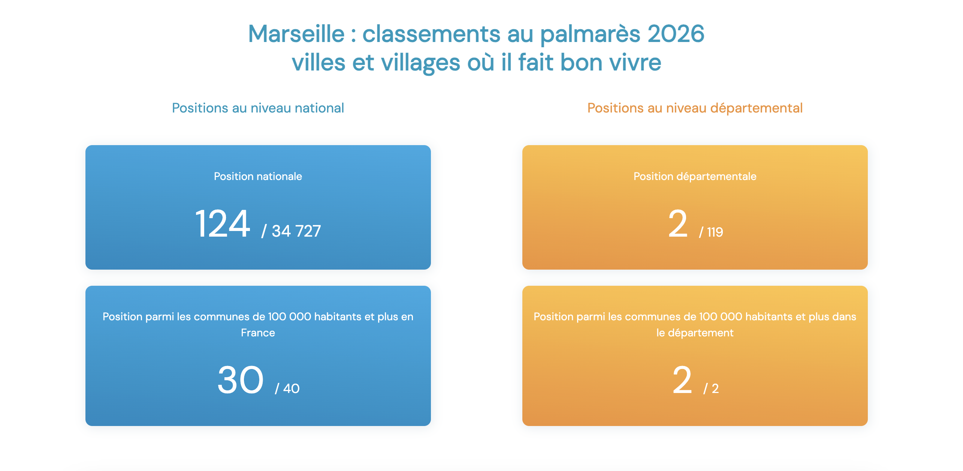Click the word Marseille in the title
point(296,34)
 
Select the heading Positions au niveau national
point(258,108)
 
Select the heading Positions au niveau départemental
point(695,108)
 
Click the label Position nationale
point(258,176)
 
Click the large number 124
point(223,224)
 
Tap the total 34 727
point(296,231)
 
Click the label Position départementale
point(695,177)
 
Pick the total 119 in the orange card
point(715,232)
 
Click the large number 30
point(241,380)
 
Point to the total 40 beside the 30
point(291,388)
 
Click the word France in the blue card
point(258,333)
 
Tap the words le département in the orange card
point(695,333)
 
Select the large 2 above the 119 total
point(678,224)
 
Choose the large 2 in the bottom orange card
point(682,380)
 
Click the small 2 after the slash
point(715,388)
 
